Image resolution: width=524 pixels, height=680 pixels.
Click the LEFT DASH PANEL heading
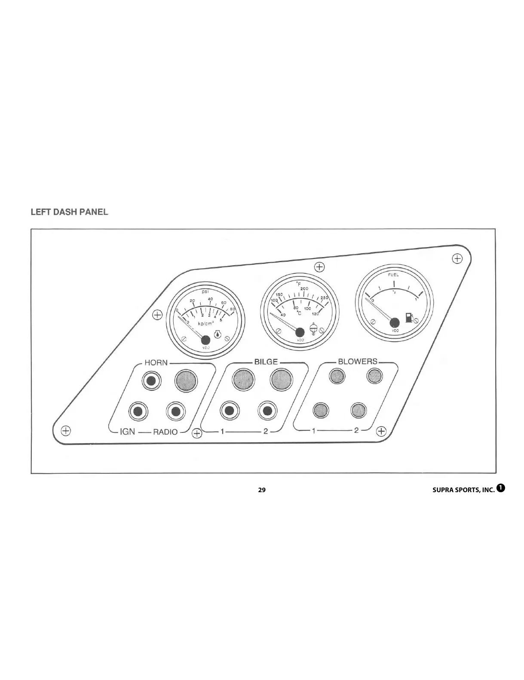[69, 212]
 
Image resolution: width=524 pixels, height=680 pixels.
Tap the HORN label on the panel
[156, 362]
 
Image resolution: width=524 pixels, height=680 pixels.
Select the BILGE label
[266, 362]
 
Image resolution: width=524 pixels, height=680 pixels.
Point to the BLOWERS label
[358, 361]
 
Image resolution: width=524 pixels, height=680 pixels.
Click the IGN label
[127, 431]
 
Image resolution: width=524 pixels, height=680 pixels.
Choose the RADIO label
[165, 432]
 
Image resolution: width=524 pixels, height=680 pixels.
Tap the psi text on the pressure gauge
[205, 292]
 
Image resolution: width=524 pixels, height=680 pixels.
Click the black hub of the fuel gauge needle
[394, 322]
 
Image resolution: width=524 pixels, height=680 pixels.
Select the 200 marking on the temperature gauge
[304, 289]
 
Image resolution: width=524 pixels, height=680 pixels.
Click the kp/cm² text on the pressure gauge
[206, 323]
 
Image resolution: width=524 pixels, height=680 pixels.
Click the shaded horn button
[186, 380]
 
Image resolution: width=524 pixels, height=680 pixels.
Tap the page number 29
[262, 490]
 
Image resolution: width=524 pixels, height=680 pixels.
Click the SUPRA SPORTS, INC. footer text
[463, 490]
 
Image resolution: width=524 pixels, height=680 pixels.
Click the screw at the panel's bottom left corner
[65, 430]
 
